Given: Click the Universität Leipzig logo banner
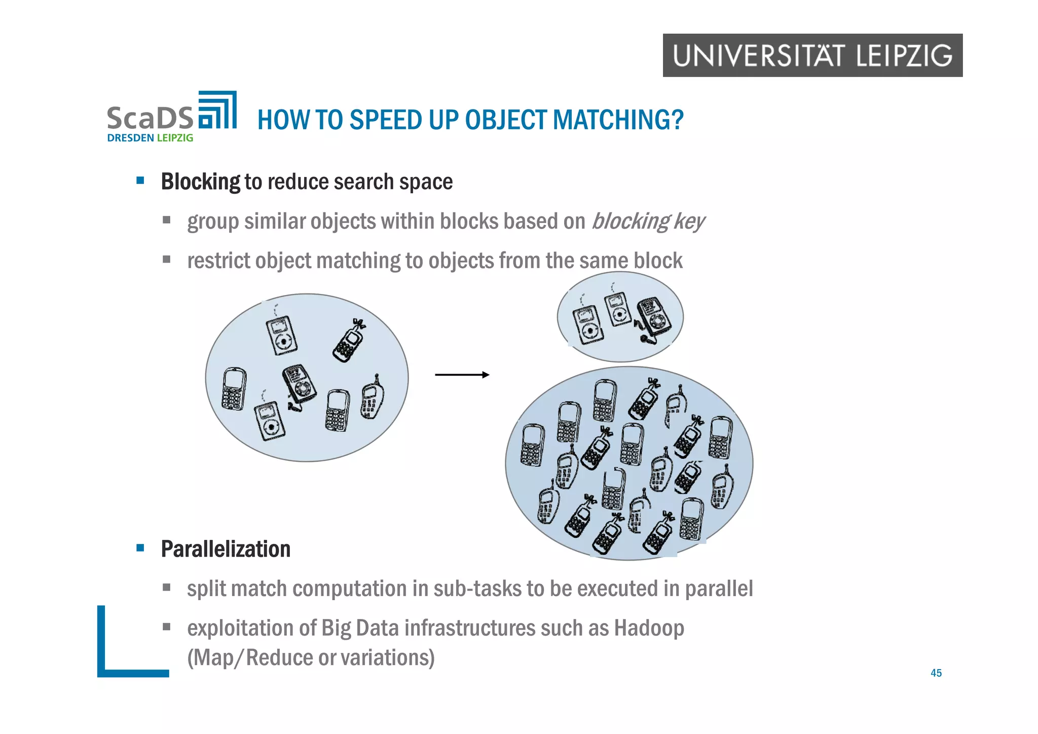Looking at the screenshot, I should pyautogui.click(x=812, y=55).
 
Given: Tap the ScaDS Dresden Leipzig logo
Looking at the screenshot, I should pyautogui.click(x=171, y=117).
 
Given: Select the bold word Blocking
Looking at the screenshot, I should pyautogui.click(x=200, y=181).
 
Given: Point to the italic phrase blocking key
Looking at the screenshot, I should pyautogui.click(x=648, y=222).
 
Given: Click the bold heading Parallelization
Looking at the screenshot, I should pyautogui.click(x=226, y=549).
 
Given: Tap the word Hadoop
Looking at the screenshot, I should pyautogui.click(x=649, y=628).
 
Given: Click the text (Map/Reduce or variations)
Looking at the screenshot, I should pyautogui.click(x=311, y=657).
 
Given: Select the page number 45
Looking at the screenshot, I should pyautogui.click(x=936, y=673).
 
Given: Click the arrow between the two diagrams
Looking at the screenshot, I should pyautogui.click(x=462, y=375).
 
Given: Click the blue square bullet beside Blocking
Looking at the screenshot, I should pyautogui.click(x=140, y=180).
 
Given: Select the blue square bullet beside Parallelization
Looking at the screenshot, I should pyautogui.click(x=140, y=548).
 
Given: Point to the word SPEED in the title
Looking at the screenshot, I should pyautogui.click(x=386, y=120).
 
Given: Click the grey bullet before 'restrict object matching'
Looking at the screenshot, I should pyautogui.click(x=166, y=260).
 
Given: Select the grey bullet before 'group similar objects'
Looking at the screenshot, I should pyautogui.click(x=166, y=220).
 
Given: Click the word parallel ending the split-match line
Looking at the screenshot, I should pyautogui.click(x=719, y=589).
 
